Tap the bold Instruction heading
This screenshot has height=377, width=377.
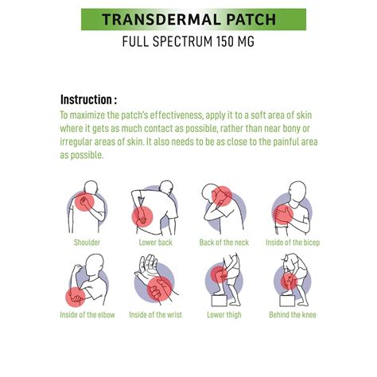tap(88, 100)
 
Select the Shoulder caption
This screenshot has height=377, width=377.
tap(87, 242)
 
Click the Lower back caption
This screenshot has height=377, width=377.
tap(155, 242)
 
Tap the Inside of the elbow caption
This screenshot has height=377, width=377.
tap(87, 314)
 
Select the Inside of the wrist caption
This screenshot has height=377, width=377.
tap(155, 314)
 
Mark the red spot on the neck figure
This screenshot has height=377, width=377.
tap(223, 196)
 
